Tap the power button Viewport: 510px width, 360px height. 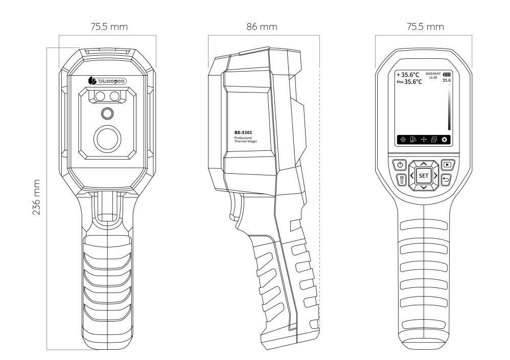pos(399,165)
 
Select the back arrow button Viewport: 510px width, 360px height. pos(447,180)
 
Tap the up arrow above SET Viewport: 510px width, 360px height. pos(423,163)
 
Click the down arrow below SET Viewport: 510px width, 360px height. pos(423,188)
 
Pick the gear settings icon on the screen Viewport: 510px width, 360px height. pos(445,140)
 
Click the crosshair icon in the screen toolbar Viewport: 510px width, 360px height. pos(403,140)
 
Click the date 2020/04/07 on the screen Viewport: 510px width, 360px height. pos(432,74)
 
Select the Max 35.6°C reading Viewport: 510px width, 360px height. pos(410,82)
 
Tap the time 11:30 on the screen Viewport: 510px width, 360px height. pos(433,78)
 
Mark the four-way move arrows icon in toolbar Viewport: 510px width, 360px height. pos(423,140)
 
